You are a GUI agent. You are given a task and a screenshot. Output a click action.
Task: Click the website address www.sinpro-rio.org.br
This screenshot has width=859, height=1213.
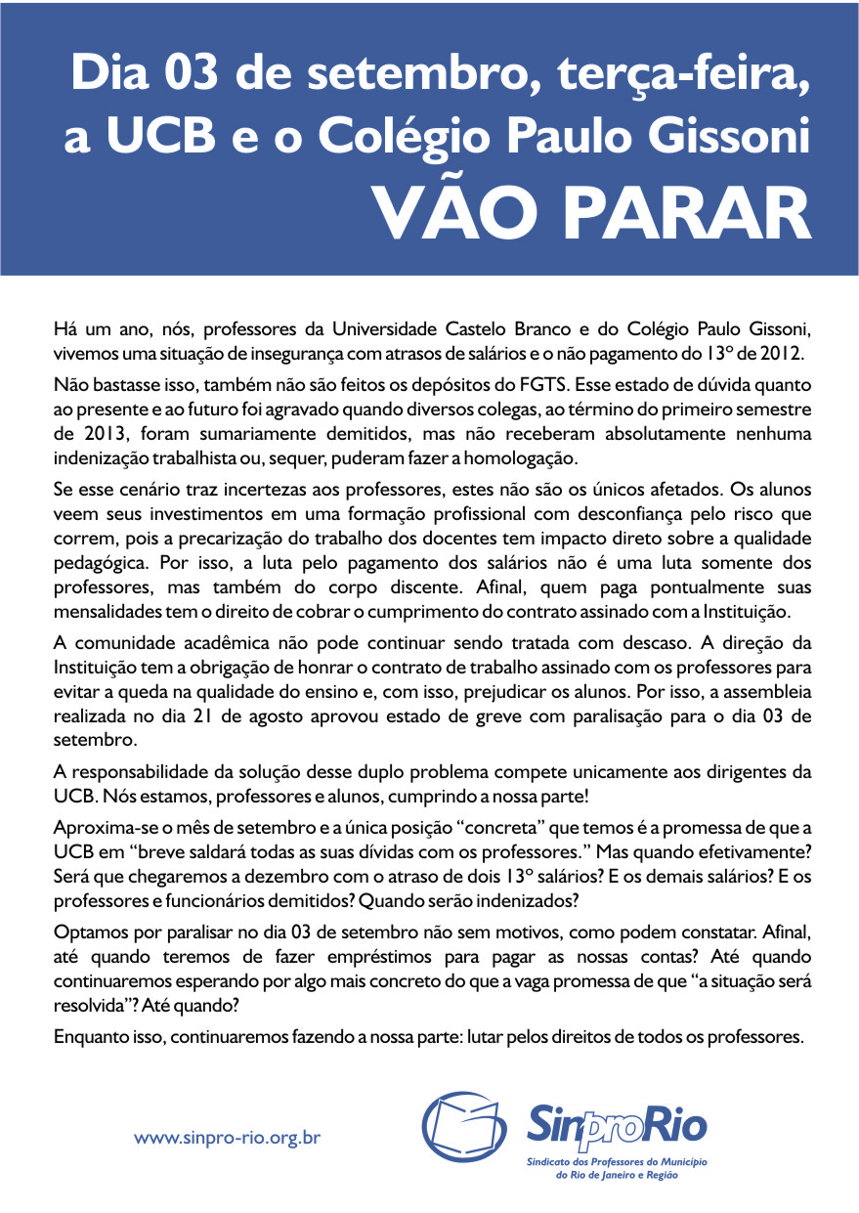point(228,1138)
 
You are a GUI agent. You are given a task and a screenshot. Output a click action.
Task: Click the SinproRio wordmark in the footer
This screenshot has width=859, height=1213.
point(617,1126)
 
